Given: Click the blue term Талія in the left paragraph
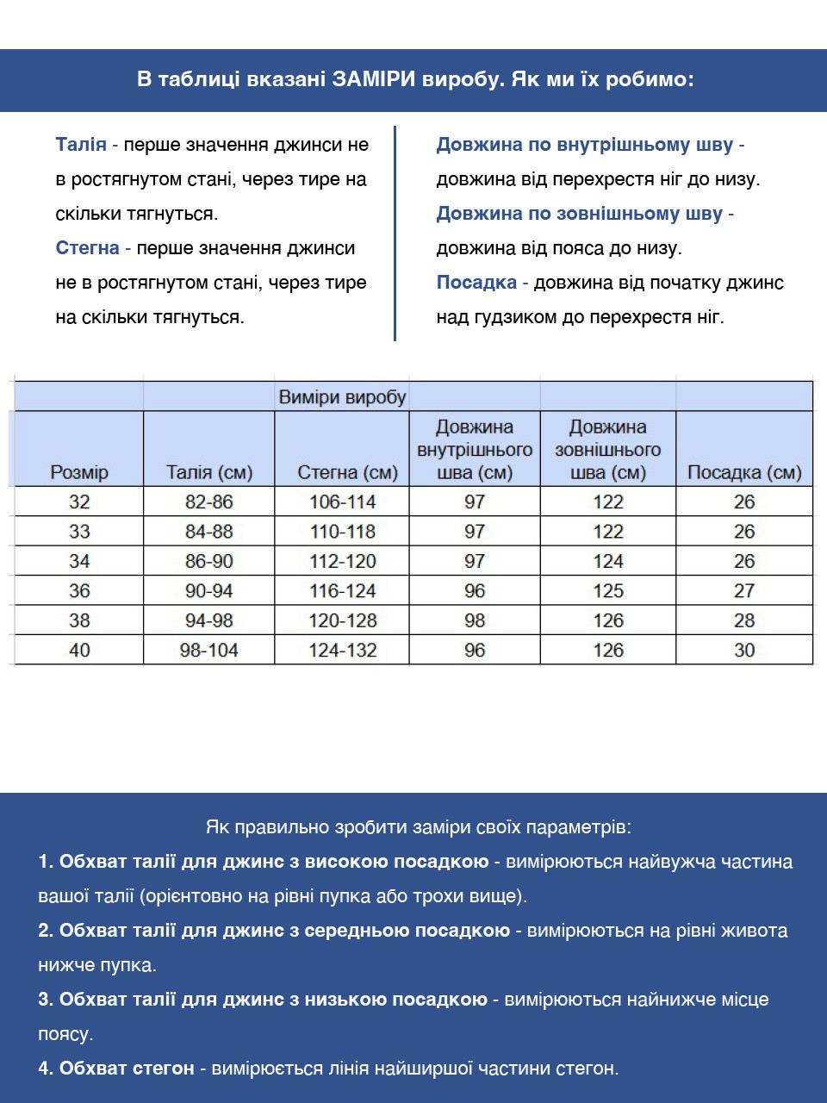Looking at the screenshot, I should pyautogui.click(x=81, y=145).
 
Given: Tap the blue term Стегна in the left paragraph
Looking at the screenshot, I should pyautogui.click(x=87, y=248).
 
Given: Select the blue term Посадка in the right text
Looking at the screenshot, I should pyautogui.click(x=476, y=283).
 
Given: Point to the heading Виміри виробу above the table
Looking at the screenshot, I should pyautogui.click(x=342, y=397).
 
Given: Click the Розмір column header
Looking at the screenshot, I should pyautogui.click(x=79, y=472).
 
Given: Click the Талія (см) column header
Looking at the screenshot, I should pyautogui.click(x=208, y=472).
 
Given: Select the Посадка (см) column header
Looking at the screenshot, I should pyautogui.click(x=744, y=472).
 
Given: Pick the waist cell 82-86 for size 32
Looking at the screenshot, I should pyautogui.click(x=208, y=502).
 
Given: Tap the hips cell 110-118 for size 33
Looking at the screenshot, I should pyautogui.click(x=342, y=532).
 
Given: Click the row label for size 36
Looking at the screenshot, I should pyautogui.click(x=79, y=591).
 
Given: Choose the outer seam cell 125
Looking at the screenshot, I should pyautogui.click(x=608, y=591).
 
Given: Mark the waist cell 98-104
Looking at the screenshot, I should pyautogui.click(x=208, y=651).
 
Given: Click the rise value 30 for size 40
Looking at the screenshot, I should pyautogui.click(x=744, y=651).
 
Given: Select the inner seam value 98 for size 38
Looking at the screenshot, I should pyautogui.click(x=475, y=620).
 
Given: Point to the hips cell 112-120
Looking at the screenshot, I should pyautogui.click(x=342, y=561).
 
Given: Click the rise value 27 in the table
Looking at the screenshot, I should pyautogui.click(x=744, y=591).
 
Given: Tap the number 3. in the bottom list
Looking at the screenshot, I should pyautogui.click(x=46, y=1000).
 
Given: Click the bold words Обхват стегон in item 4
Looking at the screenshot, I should pyautogui.click(x=127, y=1069).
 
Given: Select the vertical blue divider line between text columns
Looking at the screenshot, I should pyautogui.click(x=395, y=233).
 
